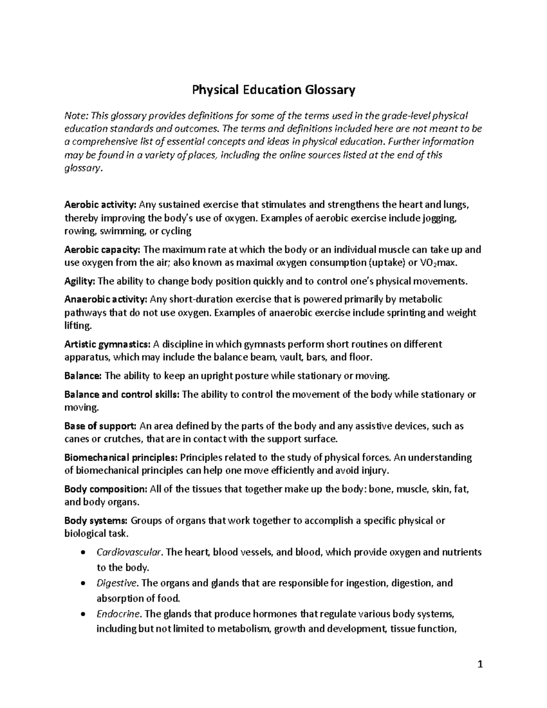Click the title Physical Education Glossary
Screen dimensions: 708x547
point(273,90)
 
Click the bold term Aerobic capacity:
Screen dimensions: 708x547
point(103,249)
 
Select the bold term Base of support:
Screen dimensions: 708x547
point(100,426)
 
